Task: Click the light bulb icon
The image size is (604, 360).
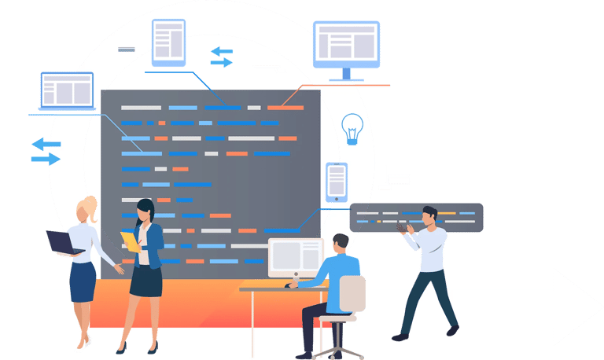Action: click(352, 127)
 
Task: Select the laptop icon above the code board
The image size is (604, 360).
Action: click(67, 91)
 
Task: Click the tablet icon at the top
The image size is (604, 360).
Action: click(168, 41)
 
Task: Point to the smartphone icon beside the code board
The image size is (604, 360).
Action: click(336, 182)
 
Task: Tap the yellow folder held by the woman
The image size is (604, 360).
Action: click(130, 241)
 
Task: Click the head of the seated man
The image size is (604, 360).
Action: click(340, 243)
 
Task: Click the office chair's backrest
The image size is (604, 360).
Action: click(352, 293)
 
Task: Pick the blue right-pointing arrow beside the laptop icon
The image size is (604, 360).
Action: click(46, 159)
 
